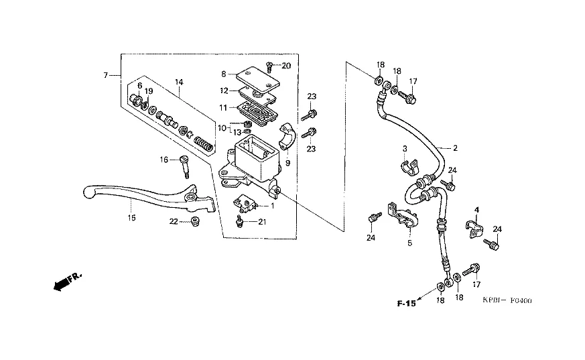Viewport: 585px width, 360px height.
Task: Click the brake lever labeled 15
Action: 149,198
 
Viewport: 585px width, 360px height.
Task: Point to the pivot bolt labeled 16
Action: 185,167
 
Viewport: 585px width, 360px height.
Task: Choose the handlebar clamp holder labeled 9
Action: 287,136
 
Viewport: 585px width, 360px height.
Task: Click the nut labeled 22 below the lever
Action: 194,221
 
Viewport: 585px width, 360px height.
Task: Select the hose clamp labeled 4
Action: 474,230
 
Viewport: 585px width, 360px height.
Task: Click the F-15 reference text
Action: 406,304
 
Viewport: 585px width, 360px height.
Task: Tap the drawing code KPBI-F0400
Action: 507,300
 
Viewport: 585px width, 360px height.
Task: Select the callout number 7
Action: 106,75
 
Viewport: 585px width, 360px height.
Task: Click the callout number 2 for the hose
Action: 455,148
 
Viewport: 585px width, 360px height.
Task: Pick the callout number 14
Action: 179,82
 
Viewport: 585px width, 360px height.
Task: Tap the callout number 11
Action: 223,108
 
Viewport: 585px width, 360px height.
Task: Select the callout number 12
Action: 224,91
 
